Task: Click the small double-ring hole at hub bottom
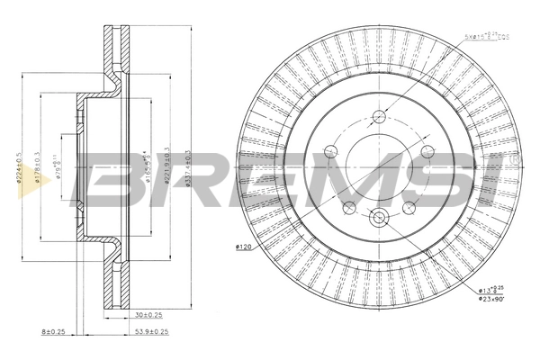click(x=378, y=215)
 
